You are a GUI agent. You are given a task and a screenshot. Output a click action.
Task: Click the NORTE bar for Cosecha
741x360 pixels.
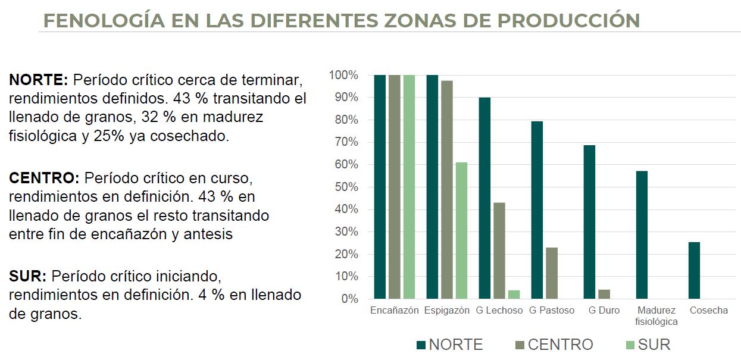pyautogui.click(x=694, y=270)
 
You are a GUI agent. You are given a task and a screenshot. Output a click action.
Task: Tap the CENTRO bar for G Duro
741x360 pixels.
pyautogui.click(x=604, y=294)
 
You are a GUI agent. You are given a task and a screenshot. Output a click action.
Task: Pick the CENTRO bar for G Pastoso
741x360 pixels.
pyautogui.click(x=552, y=273)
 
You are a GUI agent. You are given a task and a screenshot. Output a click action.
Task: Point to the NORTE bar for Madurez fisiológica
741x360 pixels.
pyautogui.click(x=642, y=234)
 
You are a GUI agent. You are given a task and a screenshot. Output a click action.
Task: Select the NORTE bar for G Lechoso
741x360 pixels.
pyautogui.click(x=484, y=198)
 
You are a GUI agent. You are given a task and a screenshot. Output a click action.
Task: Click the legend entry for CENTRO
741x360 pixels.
pyautogui.click(x=554, y=345)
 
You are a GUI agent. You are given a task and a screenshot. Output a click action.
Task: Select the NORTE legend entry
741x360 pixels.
pyautogui.click(x=450, y=345)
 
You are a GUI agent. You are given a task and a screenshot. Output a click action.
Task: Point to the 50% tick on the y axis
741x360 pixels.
pyautogui.click(x=344, y=187)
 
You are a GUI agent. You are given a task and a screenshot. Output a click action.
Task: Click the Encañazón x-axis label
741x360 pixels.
pyautogui.click(x=394, y=311)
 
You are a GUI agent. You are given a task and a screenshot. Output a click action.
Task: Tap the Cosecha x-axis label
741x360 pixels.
pyautogui.click(x=708, y=311)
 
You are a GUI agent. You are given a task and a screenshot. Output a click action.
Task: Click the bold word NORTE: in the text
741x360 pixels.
pyautogui.click(x=39, y=80)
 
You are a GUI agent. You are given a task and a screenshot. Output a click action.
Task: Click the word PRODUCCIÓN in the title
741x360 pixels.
pyautogui.click(x=568, y=20)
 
